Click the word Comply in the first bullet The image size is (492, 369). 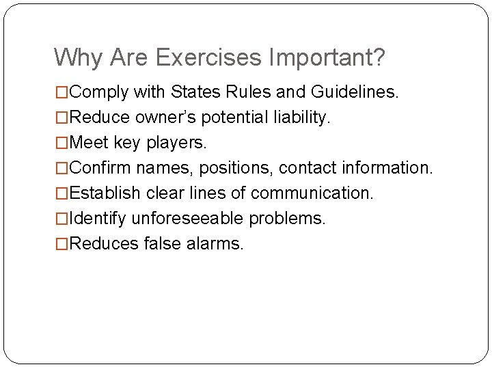coord(100,92)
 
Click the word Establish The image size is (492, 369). coord(106,193)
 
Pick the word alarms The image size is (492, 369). coord(214,244)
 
